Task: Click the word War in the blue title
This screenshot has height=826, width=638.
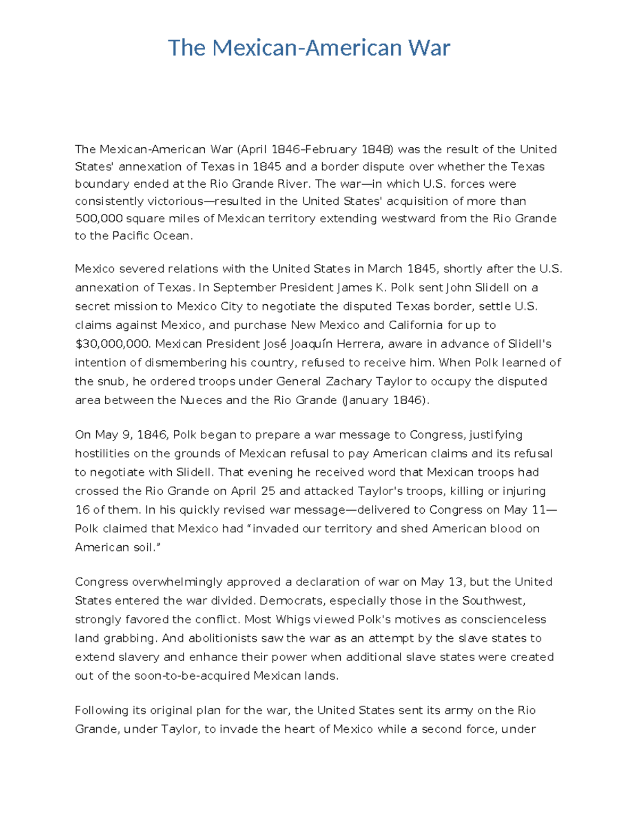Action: pos(429,48)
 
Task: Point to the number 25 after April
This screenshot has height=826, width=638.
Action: pos(266,491)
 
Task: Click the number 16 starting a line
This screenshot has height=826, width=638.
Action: pos(82,510)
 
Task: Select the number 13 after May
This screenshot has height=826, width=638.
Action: pos(456,582)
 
